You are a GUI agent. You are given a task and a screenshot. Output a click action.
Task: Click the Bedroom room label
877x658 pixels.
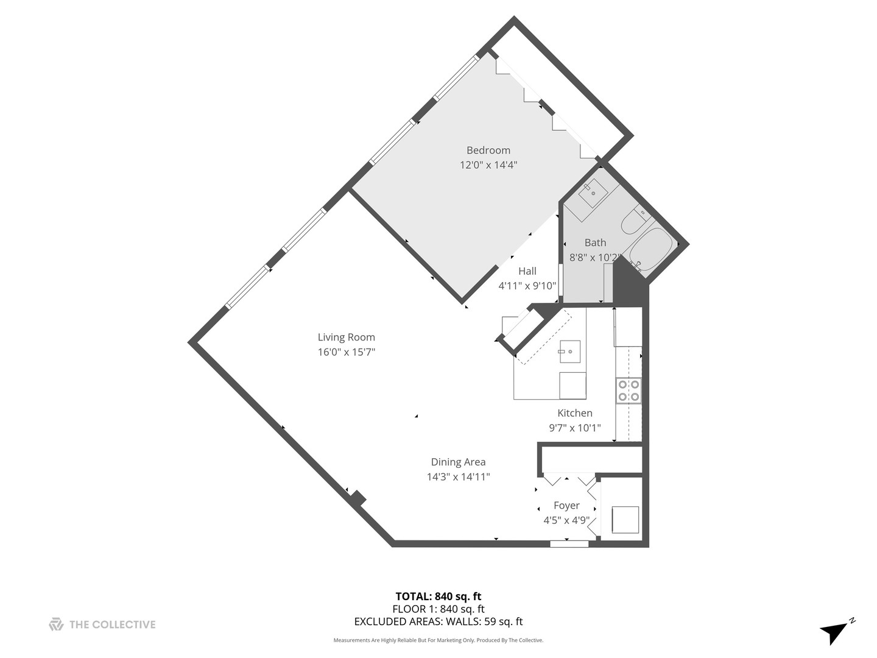click(488, 150)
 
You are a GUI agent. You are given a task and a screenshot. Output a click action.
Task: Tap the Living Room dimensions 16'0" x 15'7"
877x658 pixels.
click(346, 352)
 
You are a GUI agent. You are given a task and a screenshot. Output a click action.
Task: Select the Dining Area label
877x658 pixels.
click(458, 462)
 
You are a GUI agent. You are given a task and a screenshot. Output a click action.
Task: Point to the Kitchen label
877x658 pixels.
click(574, 413)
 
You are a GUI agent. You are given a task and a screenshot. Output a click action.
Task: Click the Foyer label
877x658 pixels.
click(566, 506)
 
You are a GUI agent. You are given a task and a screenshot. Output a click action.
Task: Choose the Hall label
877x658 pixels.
click(527, 271)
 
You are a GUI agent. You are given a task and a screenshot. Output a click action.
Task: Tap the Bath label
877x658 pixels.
click(595, 242)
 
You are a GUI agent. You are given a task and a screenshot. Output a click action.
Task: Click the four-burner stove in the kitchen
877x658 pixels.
click(629, 391)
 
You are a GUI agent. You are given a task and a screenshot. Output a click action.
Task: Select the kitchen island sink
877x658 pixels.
click(569, 352)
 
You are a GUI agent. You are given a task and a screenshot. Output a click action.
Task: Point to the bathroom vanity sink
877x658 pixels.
click(593, 193)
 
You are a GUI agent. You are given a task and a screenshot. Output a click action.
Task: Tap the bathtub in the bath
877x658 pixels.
click(650, 250)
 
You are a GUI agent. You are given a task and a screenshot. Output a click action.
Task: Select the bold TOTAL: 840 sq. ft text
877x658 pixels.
click(438, 596)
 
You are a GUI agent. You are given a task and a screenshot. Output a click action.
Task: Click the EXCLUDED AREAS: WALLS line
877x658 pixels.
click(438, 622)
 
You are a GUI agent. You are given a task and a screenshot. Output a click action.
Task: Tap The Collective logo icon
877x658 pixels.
click(56, 624)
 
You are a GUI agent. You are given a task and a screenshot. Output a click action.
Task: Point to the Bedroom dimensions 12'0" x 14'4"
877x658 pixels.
click(488, 165)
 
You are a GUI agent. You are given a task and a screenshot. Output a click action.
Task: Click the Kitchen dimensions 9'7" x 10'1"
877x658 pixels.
click(574, 428)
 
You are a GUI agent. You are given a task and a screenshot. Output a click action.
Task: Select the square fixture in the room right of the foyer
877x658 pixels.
click(625, 520)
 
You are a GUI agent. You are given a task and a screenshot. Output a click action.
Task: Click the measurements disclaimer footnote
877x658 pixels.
click(438, 640)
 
